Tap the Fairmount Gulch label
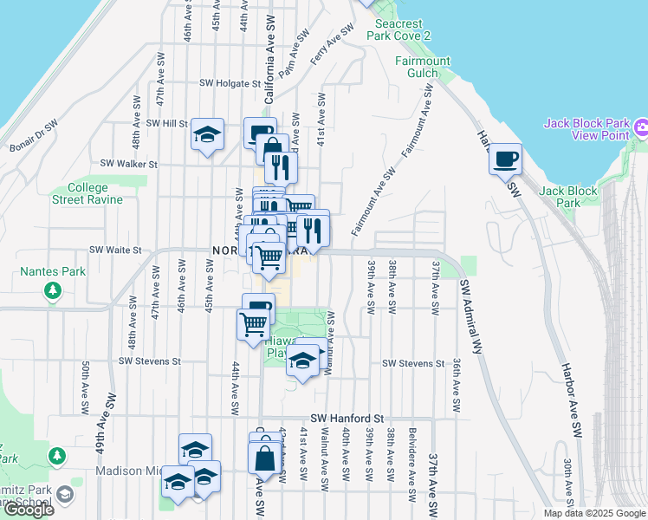click(423, 67)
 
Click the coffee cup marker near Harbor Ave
click(505, 159)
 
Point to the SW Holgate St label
click(230, 84)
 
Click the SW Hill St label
click(166, 124)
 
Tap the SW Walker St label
click(128, 163)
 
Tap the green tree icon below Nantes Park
click(54, 290)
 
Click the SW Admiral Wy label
click(471, 316)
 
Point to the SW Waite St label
click(114, 250)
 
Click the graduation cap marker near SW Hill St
click(207, 134)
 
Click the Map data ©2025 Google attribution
click(593, 513)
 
